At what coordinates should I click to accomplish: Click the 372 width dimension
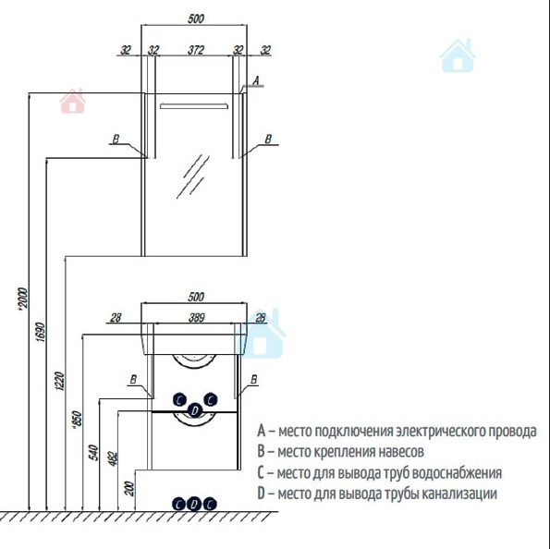click(x=195, y=50)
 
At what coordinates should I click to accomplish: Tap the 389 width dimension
click(x=196, y=318)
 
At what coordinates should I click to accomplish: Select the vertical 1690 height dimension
click(x=41, y=332)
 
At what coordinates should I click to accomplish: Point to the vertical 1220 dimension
click(x=60, y=381)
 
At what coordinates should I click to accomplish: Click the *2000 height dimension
click(x=22, y=299)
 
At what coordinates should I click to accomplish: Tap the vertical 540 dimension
click(x=94, y=453)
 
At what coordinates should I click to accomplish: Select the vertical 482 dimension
click(x=113, y=458)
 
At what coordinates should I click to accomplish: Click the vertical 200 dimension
click(x=129, y=488)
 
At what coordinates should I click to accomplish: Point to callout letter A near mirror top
click(x=256, y=80)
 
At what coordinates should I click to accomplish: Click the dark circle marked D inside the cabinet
click(x=195, y=410)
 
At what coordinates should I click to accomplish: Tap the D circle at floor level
click(x=193, y=505)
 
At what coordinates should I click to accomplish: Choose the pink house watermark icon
click(x=73, y=101)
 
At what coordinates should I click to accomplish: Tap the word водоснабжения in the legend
click(x=457, y=472)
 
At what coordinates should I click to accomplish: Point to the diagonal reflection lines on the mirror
click(x=193, y=177)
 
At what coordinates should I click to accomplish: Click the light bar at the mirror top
click(x=194, y=106)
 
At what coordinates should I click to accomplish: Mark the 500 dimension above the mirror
click(x=195, y=18)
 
